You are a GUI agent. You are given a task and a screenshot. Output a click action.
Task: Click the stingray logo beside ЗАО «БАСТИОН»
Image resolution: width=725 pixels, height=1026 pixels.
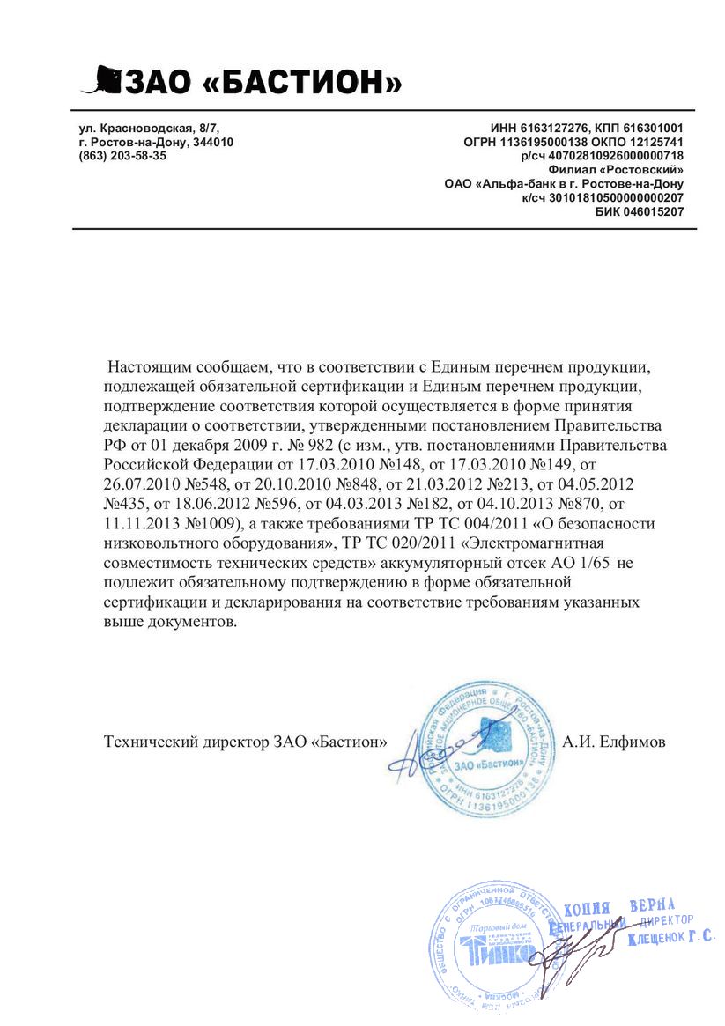[102, 80]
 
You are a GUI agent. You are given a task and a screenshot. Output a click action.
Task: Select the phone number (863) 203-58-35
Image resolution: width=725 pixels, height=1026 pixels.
[122, 155]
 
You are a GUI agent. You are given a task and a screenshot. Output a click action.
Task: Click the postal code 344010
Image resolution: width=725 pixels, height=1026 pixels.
[213, 142]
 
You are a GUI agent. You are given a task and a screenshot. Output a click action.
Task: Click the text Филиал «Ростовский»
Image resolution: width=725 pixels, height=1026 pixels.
[616, 169]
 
